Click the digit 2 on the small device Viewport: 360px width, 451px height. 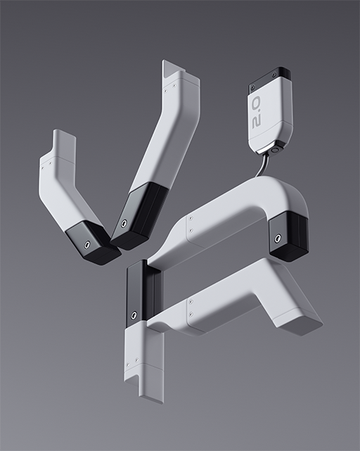coord(256,122)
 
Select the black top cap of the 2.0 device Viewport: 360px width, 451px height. coord(270,77)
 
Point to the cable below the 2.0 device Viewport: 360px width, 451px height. coord(261,165)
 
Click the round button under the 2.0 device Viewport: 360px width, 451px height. coord(275,150)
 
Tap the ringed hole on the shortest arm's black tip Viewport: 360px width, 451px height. coord(86,244)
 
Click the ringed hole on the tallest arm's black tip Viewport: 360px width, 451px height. coord(124,223)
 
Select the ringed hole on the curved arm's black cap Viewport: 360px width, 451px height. coord(278,238)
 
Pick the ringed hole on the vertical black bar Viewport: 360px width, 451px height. coord(134,315)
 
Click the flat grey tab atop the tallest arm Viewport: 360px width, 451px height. coord(172,68)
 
